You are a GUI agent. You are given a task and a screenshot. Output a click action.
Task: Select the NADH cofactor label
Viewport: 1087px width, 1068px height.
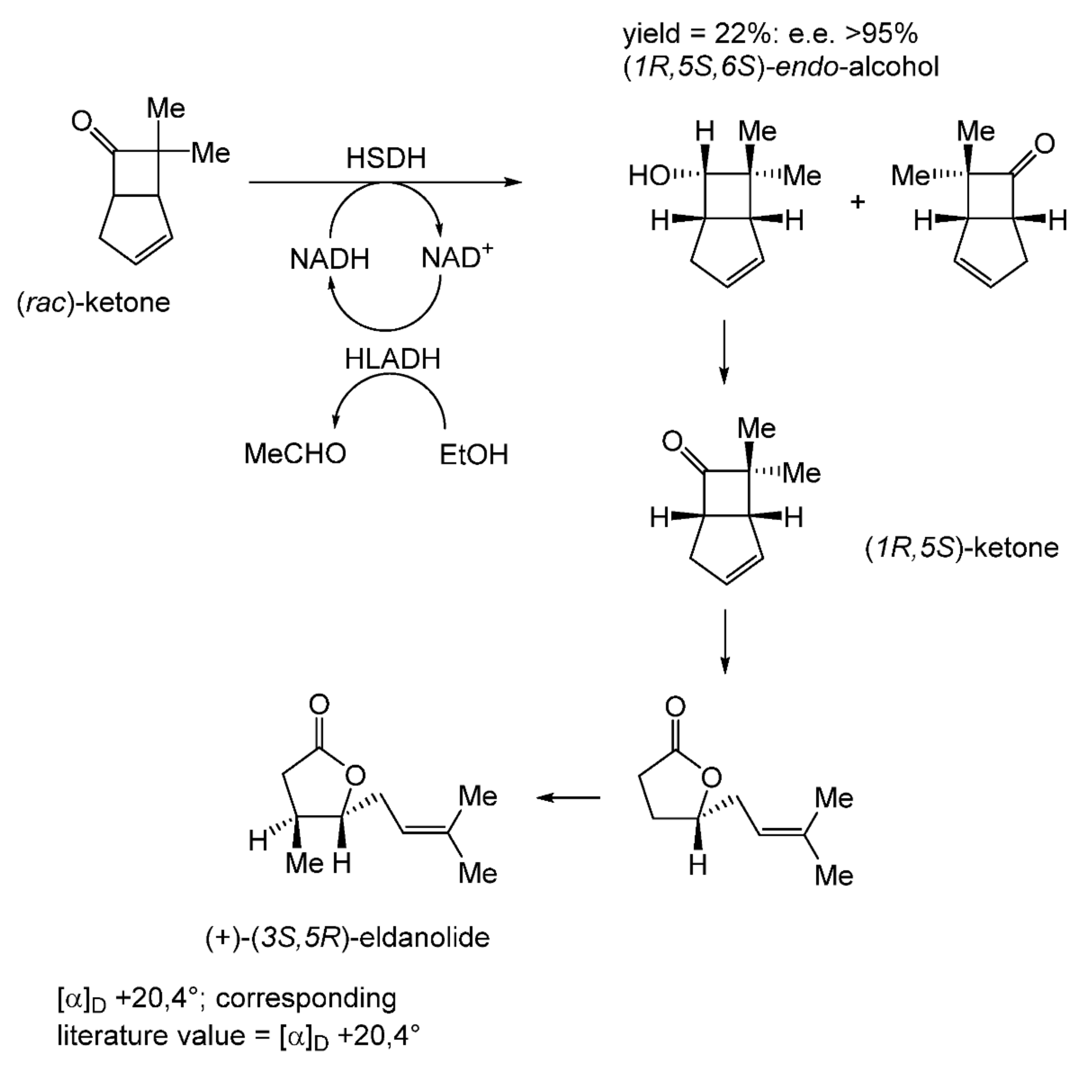point(329,259)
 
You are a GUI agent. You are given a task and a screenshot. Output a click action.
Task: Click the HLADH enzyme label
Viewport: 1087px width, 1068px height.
point(392,359)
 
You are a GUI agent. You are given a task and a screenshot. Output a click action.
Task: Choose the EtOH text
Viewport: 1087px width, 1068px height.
point(473,454)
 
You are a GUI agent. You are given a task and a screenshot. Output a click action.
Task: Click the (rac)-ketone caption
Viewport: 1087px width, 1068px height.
point(93,303)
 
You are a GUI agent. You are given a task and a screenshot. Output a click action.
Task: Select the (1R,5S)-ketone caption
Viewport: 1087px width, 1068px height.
point(962,548)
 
